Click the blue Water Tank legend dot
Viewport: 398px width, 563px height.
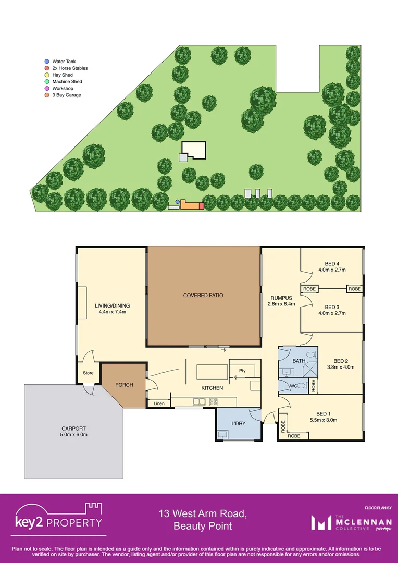(46, 62)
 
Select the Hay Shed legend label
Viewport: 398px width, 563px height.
(63, 75)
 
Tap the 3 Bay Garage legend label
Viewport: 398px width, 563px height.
(67, 95)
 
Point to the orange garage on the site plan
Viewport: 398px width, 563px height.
(190, 206)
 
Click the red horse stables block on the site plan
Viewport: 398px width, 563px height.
(201, 206)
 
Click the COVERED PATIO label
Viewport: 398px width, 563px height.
(203, 296)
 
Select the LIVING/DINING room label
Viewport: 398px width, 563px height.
(112, 306)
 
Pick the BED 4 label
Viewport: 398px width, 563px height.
(332, 263)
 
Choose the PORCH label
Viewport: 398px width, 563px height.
(125, 385)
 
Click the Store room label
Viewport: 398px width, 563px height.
(88, 373)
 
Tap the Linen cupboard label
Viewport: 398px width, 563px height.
(159, 403)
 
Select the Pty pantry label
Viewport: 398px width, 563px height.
(242, 371)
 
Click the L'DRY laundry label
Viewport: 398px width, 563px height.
(238, 423)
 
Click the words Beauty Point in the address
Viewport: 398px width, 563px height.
(203, 527)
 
